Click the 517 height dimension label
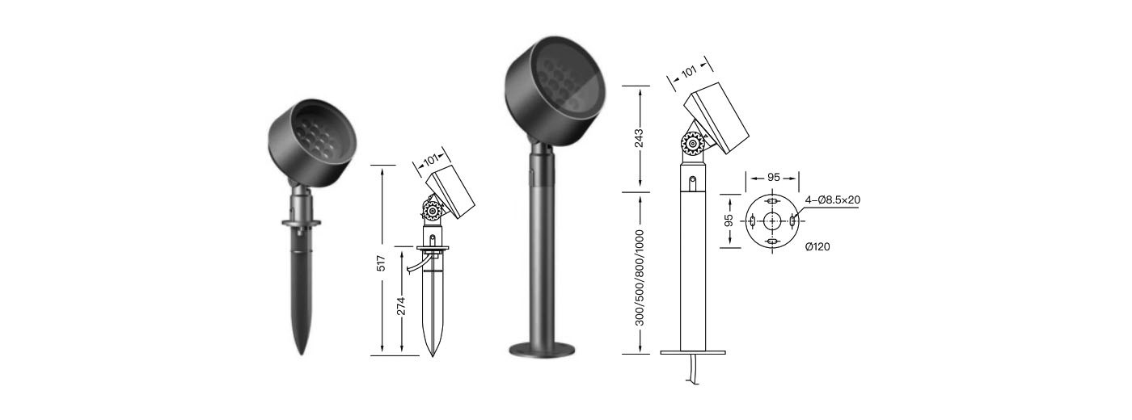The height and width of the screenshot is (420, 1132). pos(381,263)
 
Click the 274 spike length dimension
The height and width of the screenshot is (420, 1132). pos(401,306)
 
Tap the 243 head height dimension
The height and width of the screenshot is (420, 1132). pos(639,138)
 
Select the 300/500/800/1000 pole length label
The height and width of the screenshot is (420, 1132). pos(640,278)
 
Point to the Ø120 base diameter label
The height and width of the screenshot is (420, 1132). pos(817,247)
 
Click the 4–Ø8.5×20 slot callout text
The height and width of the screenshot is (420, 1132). pos(832,200)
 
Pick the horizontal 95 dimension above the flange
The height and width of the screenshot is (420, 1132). pos(774,177)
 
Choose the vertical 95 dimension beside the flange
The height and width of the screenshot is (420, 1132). pos(729,220)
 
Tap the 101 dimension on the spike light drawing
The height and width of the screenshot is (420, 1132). pos(430,160)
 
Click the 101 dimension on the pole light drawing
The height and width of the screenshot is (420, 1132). pos(689,72)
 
